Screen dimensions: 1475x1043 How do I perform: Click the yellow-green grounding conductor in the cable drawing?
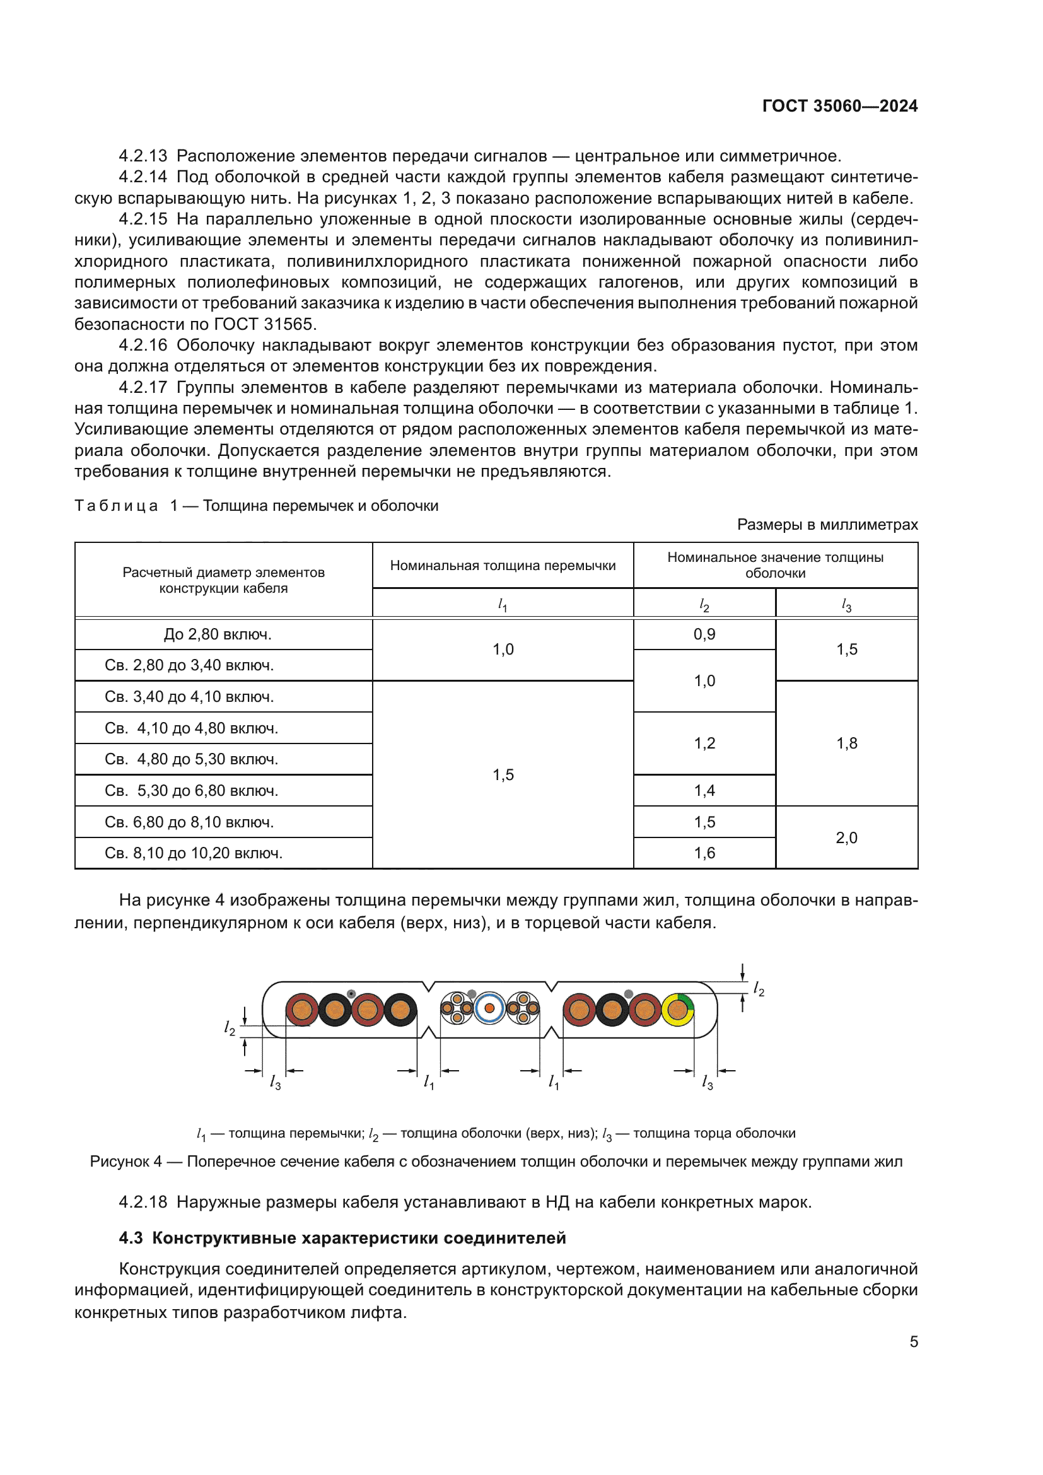[x=677, y=1009]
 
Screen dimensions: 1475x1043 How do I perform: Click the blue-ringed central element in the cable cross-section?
[x=489, y=1008]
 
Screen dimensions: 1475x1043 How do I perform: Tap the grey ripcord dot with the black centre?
[x=351, y=994]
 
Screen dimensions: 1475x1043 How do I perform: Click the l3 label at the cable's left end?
[x=275, y=1083]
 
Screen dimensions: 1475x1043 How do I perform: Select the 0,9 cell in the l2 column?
[x=704, y=634]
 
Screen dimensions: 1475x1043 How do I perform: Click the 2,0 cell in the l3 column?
[x=846, y=837]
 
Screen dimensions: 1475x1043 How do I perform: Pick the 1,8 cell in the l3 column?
[x=846, y=743]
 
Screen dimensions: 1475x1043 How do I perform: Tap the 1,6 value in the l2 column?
[x=704, y=853]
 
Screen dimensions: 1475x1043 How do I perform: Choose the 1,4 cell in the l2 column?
[x=704, y=790]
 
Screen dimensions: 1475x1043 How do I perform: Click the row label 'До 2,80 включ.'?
[x=217, y=634]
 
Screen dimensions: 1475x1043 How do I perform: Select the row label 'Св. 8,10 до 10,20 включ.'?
[x=194, y=853]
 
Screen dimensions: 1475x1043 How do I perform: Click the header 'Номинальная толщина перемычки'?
[x=503, y=565]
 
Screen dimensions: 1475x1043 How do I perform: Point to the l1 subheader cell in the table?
[x=503, y=605]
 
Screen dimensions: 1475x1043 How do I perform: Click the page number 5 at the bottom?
[x=913, y=1341]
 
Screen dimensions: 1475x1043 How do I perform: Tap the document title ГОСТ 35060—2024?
[x=839, y=106]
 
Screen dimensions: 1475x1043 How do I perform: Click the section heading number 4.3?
[x=131, y=1238]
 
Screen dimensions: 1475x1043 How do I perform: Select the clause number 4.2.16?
[x=143, y=345]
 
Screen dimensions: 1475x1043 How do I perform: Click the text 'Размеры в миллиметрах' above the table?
[x=827, y=524]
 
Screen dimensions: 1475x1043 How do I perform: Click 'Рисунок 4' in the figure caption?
[x=126, y=1162]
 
